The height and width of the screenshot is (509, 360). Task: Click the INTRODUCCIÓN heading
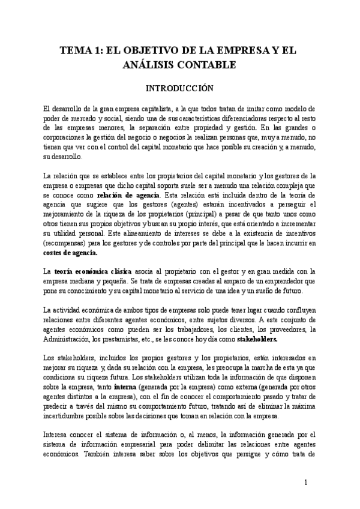coord(181,88)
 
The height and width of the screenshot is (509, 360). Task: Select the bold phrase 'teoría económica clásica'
coord(85,272)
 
